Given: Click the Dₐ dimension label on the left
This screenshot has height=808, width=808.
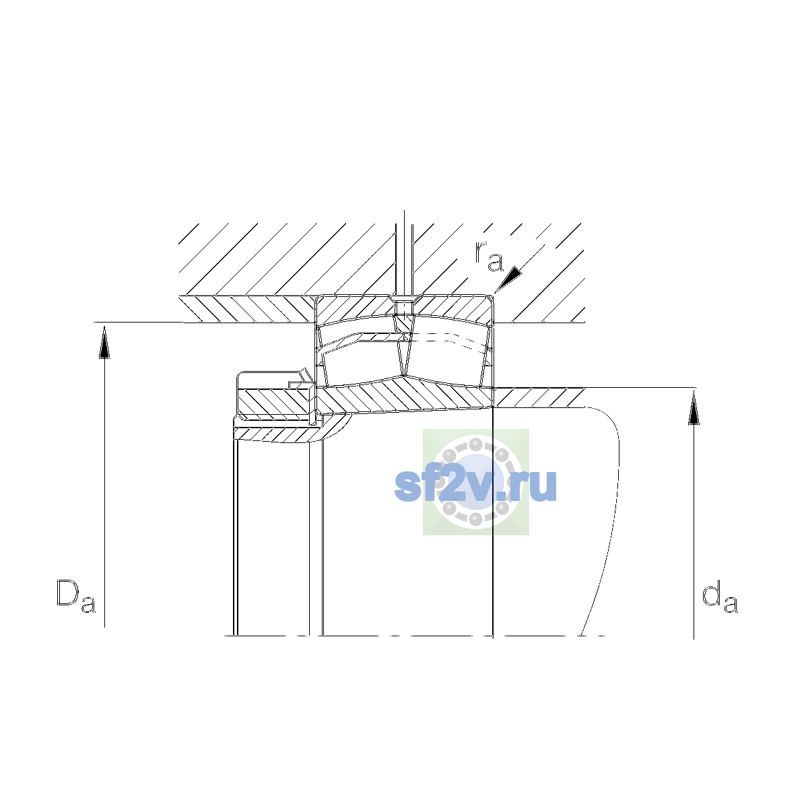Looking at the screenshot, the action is pos(76,596).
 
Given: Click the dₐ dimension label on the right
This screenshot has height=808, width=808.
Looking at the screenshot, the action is pos(720,596).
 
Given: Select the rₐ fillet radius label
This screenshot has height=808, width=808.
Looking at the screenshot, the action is pos(488,256).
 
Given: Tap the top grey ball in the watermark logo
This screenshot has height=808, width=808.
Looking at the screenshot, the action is pos(475,444).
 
